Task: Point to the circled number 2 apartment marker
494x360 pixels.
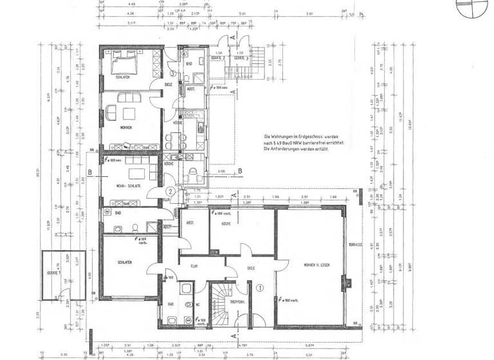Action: [x=170, y=192]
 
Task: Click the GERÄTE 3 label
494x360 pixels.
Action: [x=241, y=58]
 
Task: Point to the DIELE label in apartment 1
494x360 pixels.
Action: [x=252, y=269]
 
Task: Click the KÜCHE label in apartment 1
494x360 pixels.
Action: [x=226, y=223]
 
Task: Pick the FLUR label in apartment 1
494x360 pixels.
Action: [x=192, y=265]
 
